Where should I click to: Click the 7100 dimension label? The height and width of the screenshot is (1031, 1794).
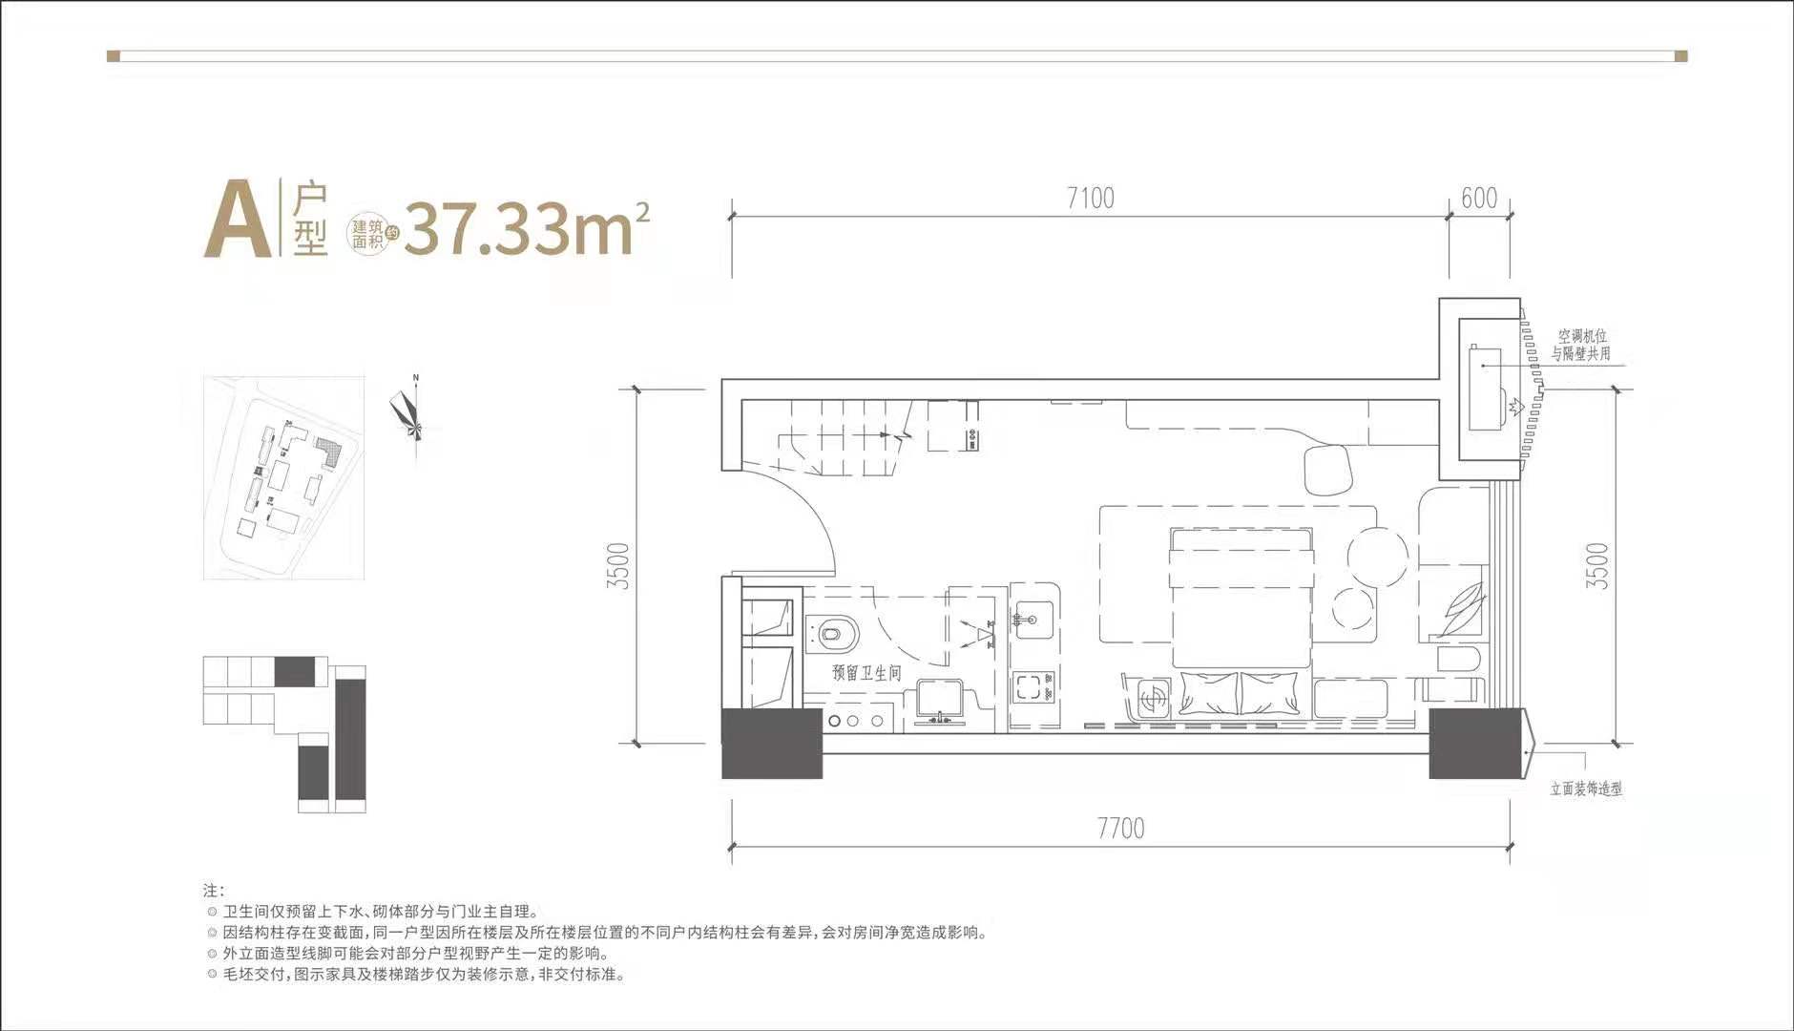click(x=1091, y=199)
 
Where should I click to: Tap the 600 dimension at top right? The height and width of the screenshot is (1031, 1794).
click(x=1479, y=199)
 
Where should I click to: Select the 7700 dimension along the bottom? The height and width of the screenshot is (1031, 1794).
click(x=1120, y=828)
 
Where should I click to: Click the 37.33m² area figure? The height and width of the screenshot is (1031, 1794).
click(x=527, y=230)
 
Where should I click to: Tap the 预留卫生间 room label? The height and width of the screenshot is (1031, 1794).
click(x=866, y=673)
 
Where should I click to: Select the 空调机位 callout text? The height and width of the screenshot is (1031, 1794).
click(x=1583, y=336)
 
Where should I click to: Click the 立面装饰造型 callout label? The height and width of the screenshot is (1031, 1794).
click(x=1586, y=789)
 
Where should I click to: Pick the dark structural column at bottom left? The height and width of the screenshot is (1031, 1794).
click(x=772, y=744)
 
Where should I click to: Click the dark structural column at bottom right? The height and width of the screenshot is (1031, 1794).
click(x=1475, y=744)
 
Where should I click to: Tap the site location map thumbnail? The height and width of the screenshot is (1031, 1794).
click(x=283, y=477)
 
